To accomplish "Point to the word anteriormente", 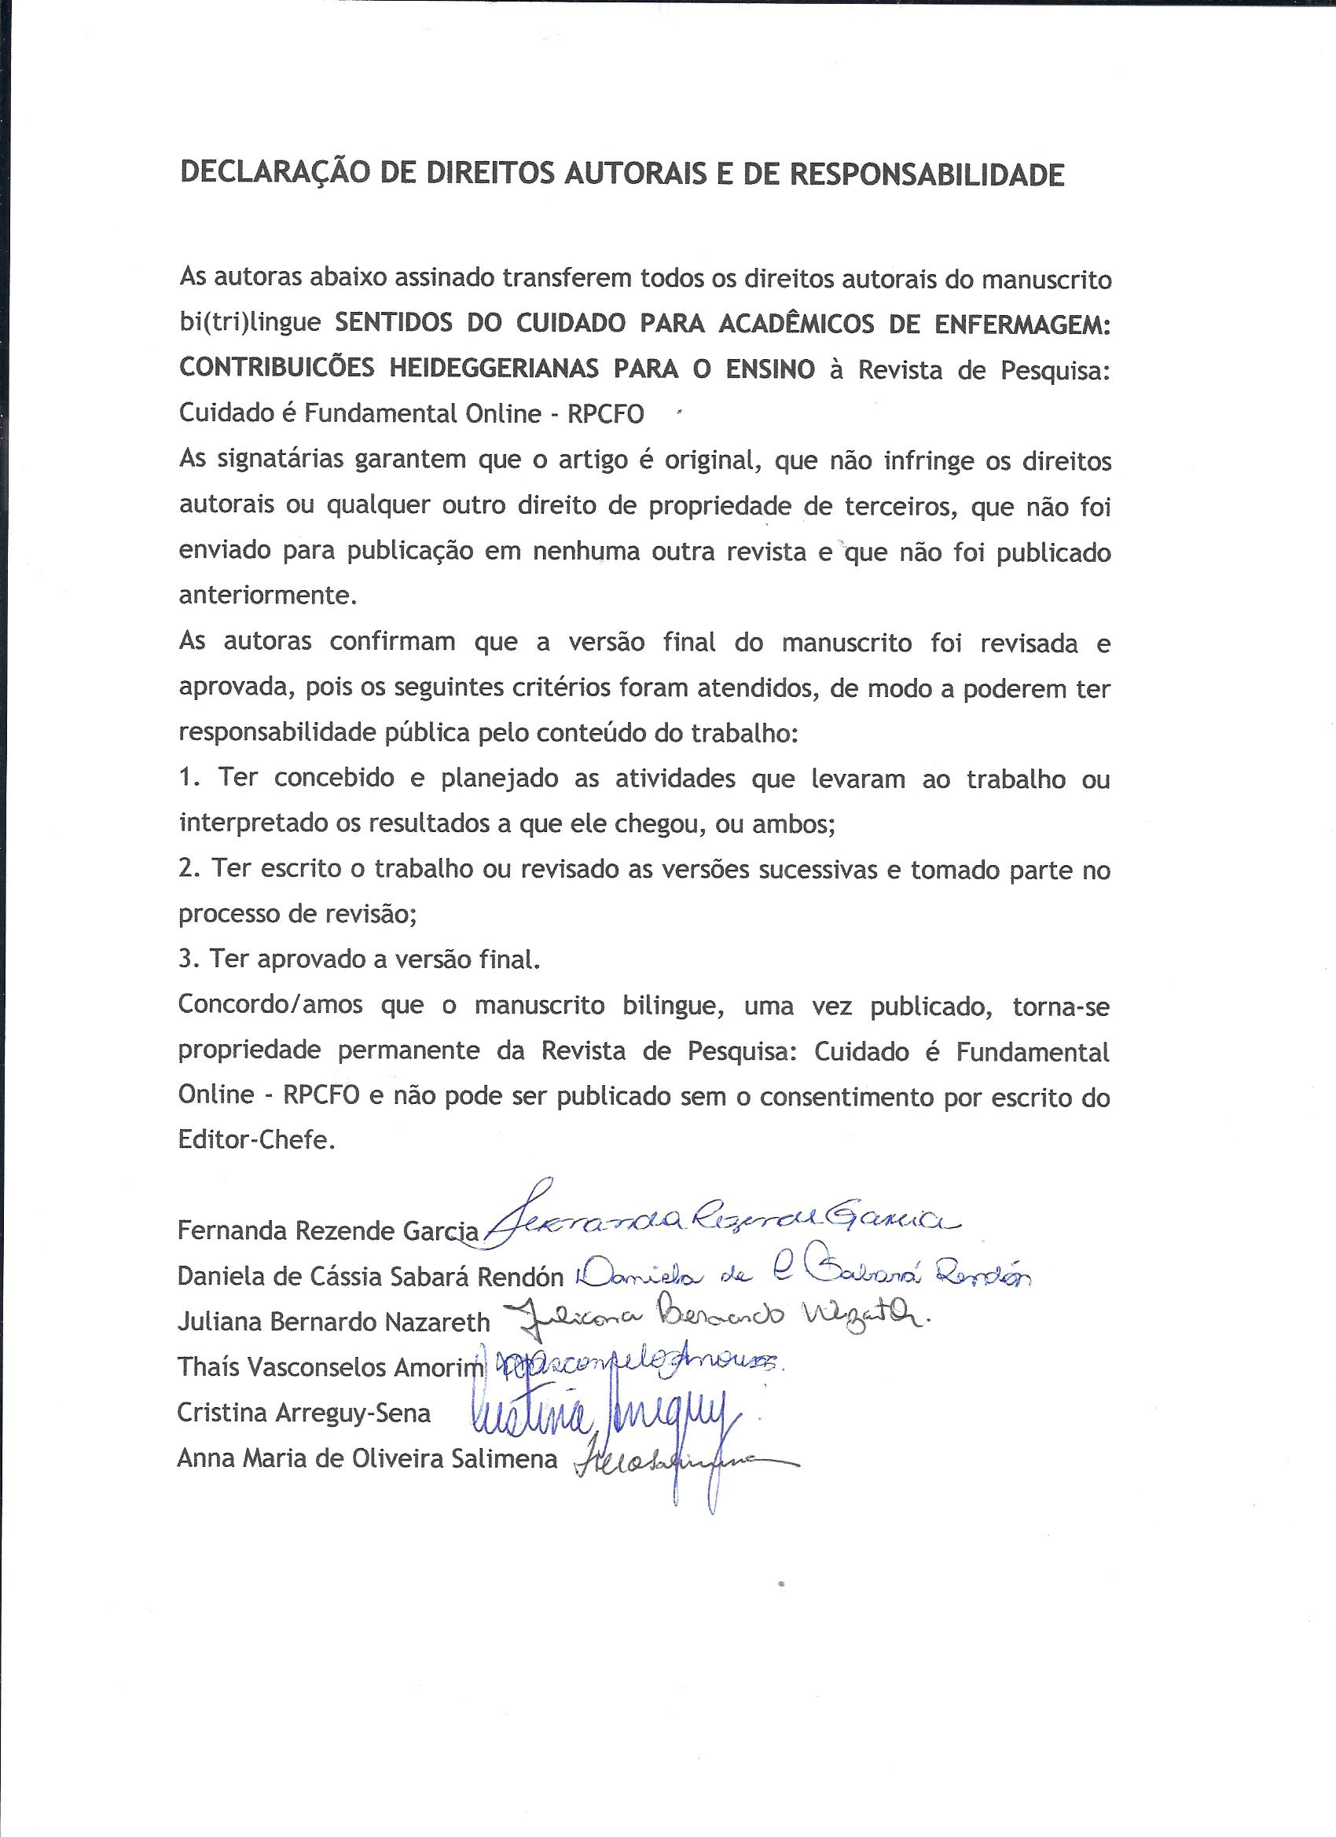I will click(x=266, y=596).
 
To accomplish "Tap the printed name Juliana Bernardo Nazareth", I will click(x=334, y=1322).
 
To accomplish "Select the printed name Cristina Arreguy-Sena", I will click(x=304, y=1413).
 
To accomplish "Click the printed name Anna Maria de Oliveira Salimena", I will click(x=368, y=1459).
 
